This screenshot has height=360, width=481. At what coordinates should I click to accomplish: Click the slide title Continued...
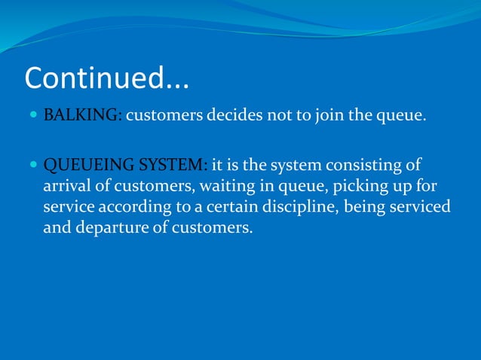(x=107, y=78)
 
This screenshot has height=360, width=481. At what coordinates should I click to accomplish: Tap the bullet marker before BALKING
(x=35, y=116)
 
